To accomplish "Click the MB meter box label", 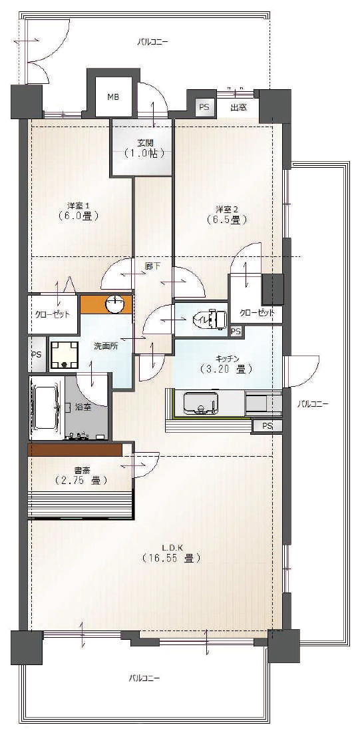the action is [113, 97].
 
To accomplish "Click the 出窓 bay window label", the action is [238, 108].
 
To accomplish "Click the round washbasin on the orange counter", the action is [114, 305].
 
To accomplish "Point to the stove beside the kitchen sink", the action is [264, 403].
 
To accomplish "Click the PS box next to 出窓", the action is [204, 107].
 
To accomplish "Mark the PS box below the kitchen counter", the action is [267, 425].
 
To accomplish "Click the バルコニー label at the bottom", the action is [144, 677].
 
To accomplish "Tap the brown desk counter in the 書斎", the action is [75, 449].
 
